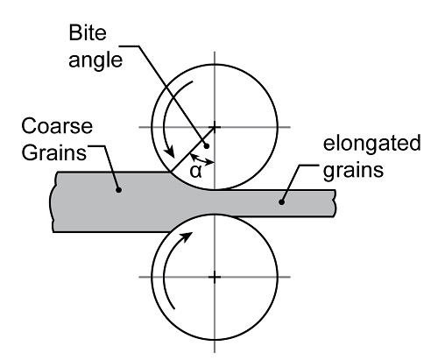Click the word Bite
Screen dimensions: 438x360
coord(88,32)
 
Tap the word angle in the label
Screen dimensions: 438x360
coord(95,61)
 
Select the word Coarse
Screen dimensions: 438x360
coord(57,126)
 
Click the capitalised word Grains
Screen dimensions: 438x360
coord(54,152)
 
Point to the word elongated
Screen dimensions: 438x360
coord(371,145)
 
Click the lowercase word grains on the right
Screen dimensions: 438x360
coord(353,171)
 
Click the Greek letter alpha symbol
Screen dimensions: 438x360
coord(195,171)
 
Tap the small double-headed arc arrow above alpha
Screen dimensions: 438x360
coord(202,159)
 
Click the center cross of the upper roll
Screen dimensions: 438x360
coord(215,127)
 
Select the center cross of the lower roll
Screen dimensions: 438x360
coord(215,277)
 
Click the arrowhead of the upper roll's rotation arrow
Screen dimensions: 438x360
coord(169,152)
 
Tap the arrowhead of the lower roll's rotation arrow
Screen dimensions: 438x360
coord(187,236)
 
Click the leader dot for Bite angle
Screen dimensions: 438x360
coord(207,146)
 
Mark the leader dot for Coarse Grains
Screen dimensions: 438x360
coord(118,190)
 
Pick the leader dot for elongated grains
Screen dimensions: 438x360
coord(281,201)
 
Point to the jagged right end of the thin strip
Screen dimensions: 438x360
coord(335,203)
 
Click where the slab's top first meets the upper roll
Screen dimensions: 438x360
coord(170,173)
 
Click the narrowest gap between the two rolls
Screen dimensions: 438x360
coord(215,202)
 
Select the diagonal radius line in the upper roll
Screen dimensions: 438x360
coord(193,150)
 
